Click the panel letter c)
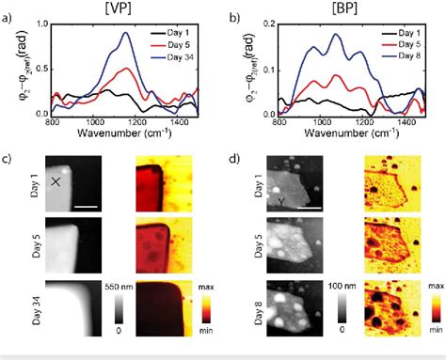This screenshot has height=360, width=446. pyautogui.click(x=8, y=157)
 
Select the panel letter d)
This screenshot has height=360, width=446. pyautogui.click(x=236, y=157)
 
